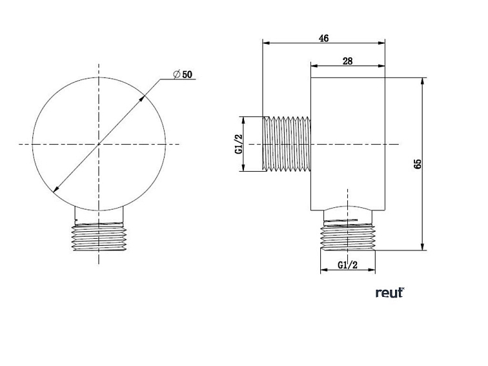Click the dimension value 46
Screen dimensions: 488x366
[323, 38]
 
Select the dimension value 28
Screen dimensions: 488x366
[347, 61]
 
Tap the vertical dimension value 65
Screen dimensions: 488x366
[418, 164]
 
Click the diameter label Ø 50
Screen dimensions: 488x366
[183, 74]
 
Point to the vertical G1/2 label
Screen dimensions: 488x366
[239, 144]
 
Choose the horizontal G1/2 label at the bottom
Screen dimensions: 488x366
[348, 265]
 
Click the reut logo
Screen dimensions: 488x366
[390, 292]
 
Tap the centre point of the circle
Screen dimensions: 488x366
[99, 144]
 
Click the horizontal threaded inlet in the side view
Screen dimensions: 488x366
[287, 144]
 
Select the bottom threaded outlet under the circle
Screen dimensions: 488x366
[99, 237]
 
